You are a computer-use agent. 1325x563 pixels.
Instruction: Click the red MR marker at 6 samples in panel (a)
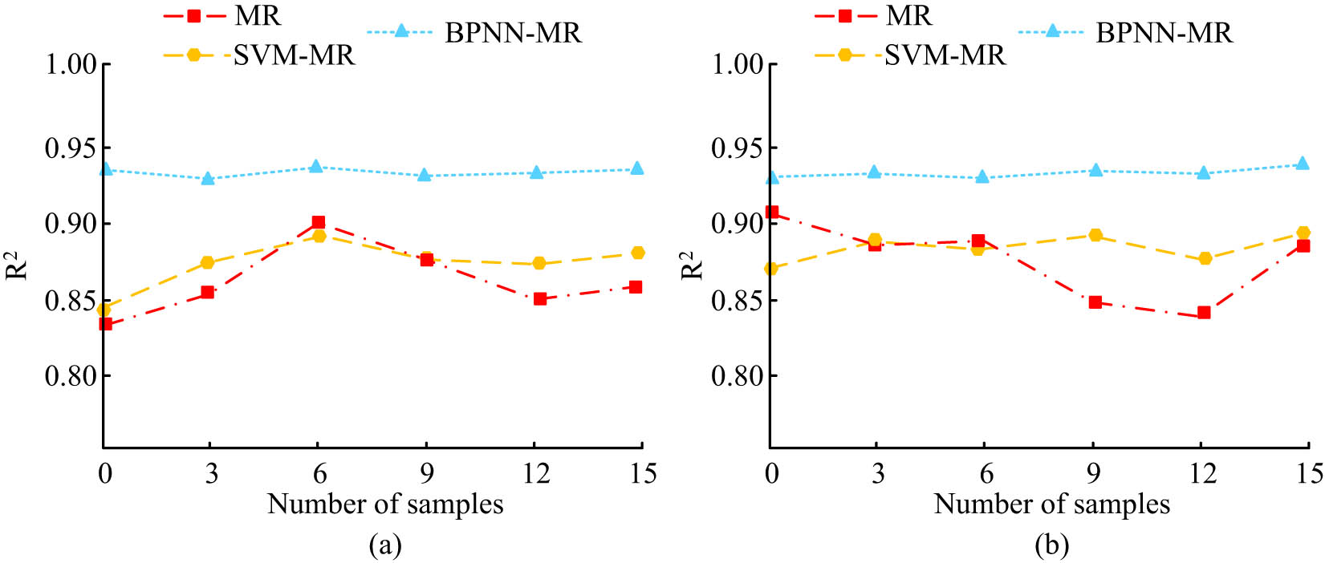(x=318, y=222)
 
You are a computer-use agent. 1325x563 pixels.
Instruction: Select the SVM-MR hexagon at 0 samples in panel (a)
(x=104, y=310)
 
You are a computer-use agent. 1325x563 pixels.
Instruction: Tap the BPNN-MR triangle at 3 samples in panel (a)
(x=208, y=178)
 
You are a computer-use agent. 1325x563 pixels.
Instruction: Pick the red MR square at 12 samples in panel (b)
(x=1203, y=313)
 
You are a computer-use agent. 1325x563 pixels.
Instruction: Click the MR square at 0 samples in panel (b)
(x=772, y=213)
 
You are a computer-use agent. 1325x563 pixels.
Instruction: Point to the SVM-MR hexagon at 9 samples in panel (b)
(x=1095, y=235)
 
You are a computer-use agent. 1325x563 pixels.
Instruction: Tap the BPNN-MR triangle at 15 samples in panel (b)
(x=1303, y=164)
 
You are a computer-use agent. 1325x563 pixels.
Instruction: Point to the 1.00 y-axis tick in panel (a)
(x=71, y=64)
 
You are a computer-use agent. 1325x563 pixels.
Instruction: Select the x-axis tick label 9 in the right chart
(x=1093, y=474)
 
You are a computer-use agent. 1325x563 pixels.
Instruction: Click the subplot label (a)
(x=384, y=546)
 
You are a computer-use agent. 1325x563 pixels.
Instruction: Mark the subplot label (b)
(x=1051, y=546)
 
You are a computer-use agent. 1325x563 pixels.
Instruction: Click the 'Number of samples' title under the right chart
(x=1051, y=504)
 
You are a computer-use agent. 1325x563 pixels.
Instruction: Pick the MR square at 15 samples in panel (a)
(x=636, y=287)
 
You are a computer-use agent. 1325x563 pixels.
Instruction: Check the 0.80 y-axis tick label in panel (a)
(x=71, y=375)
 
